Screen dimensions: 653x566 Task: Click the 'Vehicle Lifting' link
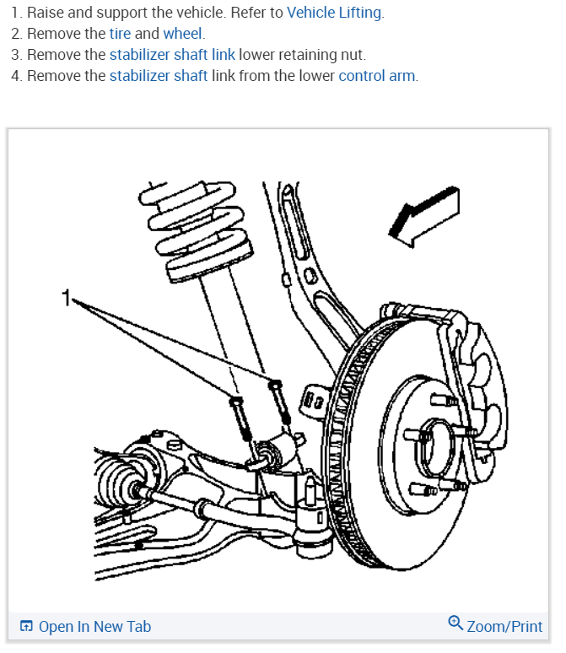[x=334, y=13]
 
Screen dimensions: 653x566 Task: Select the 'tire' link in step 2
[x=120, y=34]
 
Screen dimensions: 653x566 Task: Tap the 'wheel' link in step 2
[x=183, y=34]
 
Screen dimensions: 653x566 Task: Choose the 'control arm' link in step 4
[x=376, y=76]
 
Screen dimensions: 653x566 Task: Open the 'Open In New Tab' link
[x=94, y=626]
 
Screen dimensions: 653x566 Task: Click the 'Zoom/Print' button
[x=504, y=626]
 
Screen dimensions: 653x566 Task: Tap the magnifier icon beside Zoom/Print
[x=455, y=624]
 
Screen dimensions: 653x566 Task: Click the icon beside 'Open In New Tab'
[x=26, y=626]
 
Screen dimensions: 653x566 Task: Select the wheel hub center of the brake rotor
[x=434, y=443]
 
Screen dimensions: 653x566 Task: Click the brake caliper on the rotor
[x=472, y=371]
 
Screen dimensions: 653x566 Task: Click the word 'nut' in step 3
[x=353, y=55]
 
